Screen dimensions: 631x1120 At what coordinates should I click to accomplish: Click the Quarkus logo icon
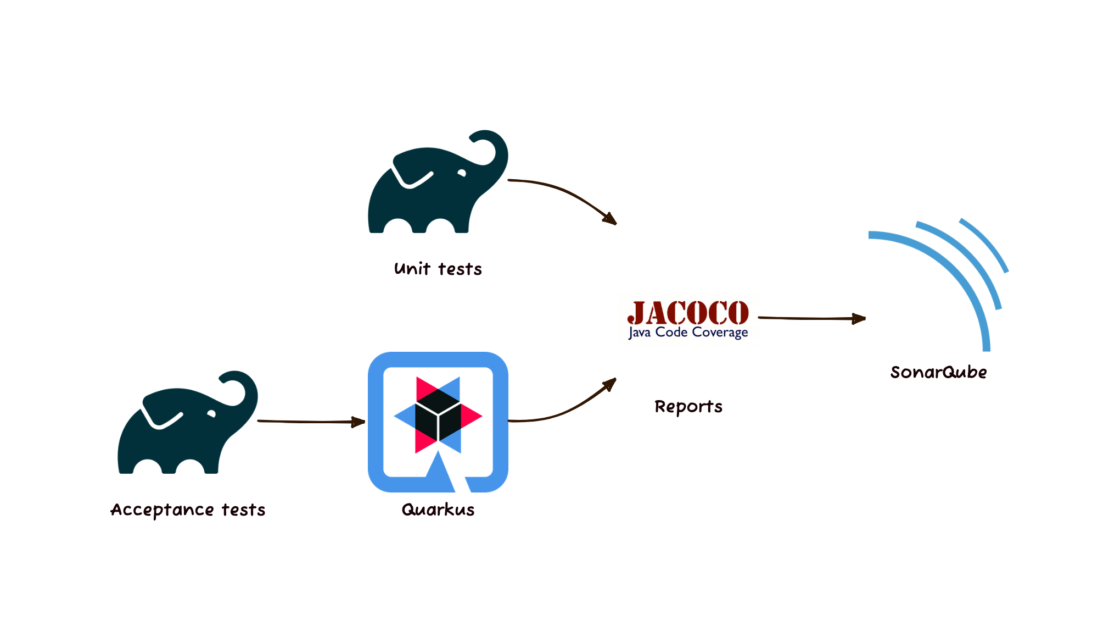click(438, 422)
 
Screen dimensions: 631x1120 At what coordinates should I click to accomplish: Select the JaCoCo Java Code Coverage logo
click(688, 319)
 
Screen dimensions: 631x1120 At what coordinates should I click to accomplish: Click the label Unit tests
click(438, 269)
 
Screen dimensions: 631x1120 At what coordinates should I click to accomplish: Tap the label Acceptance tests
click(188, 510)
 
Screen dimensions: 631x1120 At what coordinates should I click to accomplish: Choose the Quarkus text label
click(438, 510)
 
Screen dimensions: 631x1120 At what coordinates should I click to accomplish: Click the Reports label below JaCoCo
click(688, 407)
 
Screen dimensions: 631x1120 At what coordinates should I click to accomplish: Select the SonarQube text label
click(938, 372)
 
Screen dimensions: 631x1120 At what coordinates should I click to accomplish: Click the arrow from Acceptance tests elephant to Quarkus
click(311, 422)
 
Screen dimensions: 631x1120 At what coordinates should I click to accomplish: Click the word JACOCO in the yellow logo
click(688, 312)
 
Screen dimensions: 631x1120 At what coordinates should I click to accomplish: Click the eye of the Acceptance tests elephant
click(211, 414)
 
